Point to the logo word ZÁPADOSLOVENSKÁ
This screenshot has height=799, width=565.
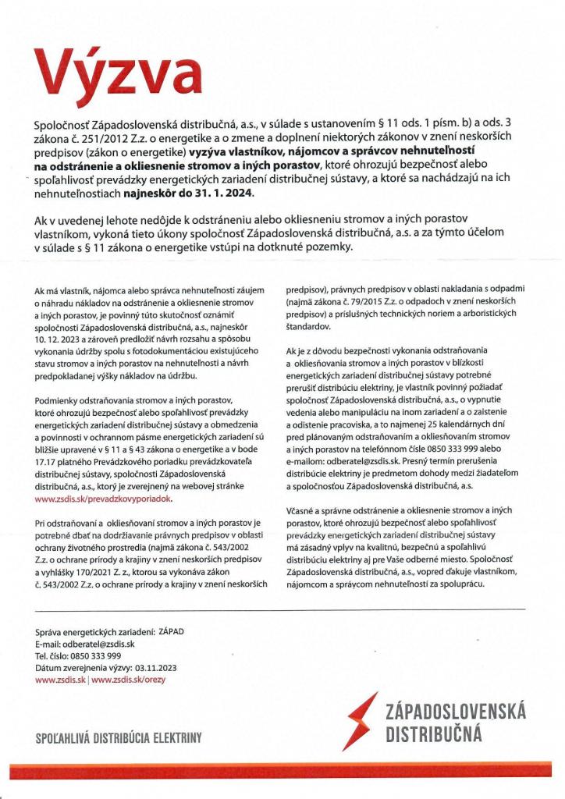point(456,712)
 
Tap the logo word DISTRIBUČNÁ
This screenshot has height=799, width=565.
point(434,734)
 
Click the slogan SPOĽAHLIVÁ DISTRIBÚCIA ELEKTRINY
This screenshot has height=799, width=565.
point(119,737)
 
